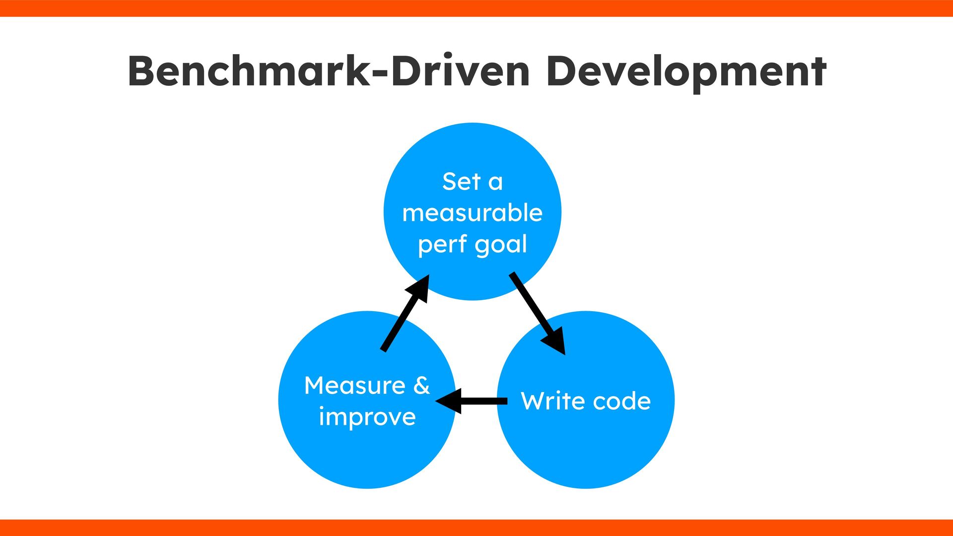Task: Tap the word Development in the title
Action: coord(686,72)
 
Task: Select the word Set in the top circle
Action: coord(461,182)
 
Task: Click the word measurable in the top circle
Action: coord(472,213)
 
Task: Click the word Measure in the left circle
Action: coord(355,386)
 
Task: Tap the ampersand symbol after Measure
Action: coord(421,386)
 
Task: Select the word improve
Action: coord(367,417)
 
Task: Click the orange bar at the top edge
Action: coord(476,8)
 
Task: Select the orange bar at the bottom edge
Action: coord(476,528)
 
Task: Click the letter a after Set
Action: coord(495,183)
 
